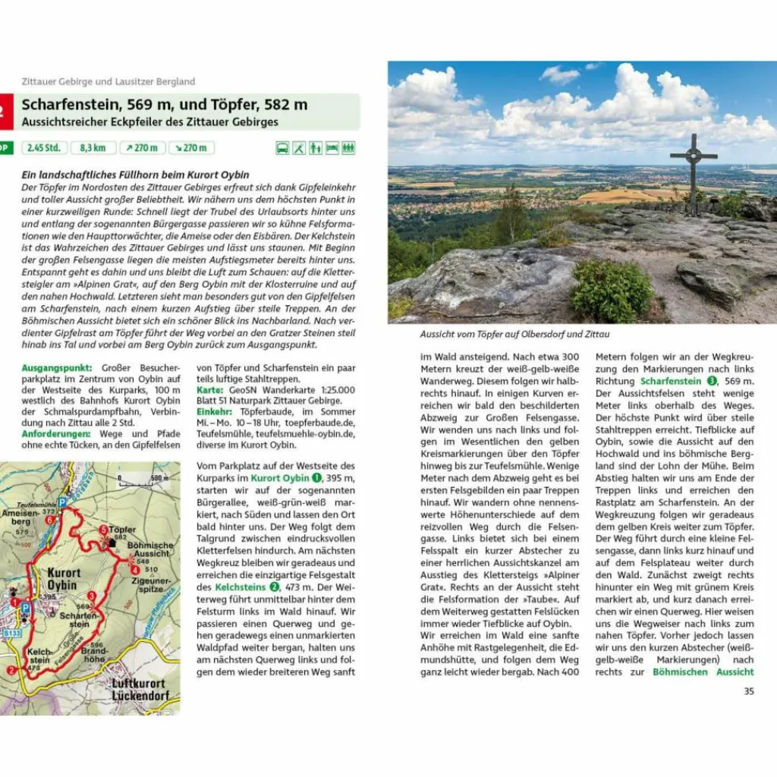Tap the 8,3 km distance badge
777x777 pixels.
point(88,148)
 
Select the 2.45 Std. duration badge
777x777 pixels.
point(44,148)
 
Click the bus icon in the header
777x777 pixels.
point(282,148)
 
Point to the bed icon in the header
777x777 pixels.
point(332,148)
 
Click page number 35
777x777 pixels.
point(749,691)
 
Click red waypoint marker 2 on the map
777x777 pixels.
point(11,671)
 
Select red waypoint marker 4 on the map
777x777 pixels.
point(134,570)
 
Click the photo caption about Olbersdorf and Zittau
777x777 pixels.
point(515,334)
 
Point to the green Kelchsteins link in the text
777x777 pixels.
point(241,587)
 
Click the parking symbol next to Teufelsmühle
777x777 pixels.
point(62,502)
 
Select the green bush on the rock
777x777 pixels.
point(611,290)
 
